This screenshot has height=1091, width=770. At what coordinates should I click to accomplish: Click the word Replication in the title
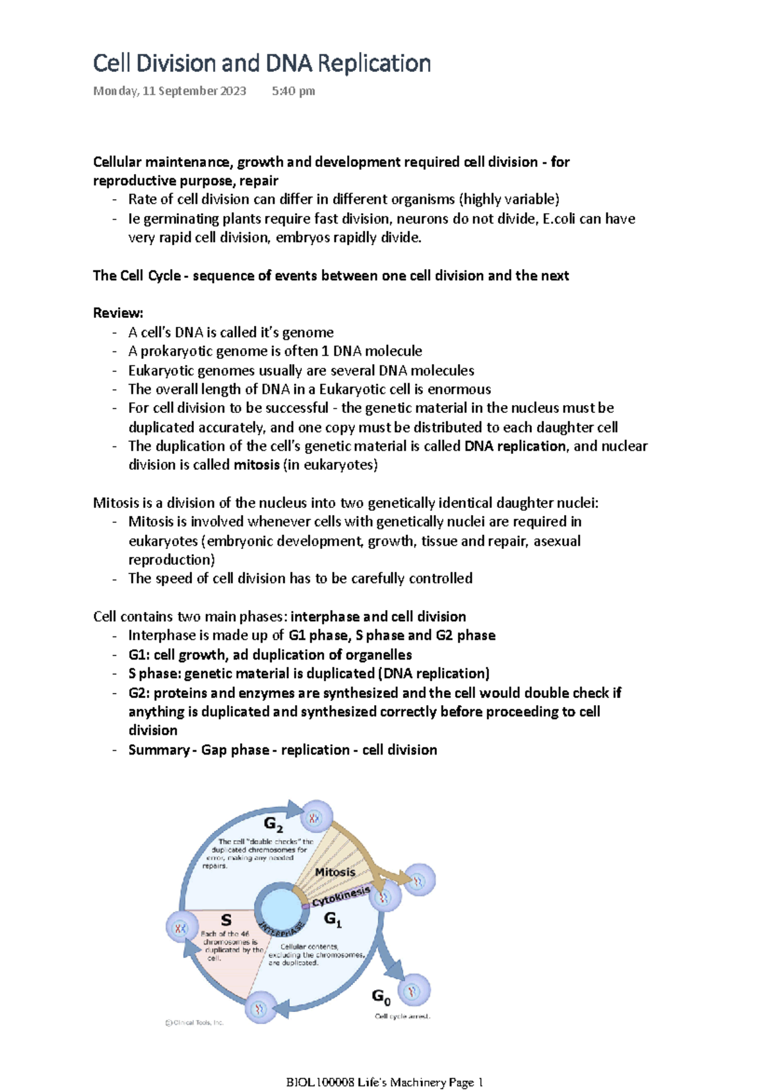click(374, 64)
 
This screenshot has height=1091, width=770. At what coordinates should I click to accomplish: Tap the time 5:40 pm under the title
click(293, 91)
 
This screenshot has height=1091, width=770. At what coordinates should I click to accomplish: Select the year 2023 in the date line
click(233, 91)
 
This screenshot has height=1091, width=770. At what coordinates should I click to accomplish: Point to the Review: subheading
click(118, 313)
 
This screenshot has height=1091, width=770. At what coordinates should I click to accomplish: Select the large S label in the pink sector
click(226, 920)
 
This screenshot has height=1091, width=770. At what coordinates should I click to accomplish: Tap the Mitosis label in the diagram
click(335, 872)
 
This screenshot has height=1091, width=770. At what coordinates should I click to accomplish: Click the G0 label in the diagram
click(381, 997)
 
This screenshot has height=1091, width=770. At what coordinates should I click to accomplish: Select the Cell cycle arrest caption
click(402, 1017)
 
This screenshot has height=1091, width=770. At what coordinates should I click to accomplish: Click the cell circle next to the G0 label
click(414, 991)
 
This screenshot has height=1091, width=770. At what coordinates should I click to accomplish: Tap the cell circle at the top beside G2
click(315, 817)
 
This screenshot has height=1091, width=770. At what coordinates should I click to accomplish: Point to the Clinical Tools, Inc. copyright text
click(194, 1023)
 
